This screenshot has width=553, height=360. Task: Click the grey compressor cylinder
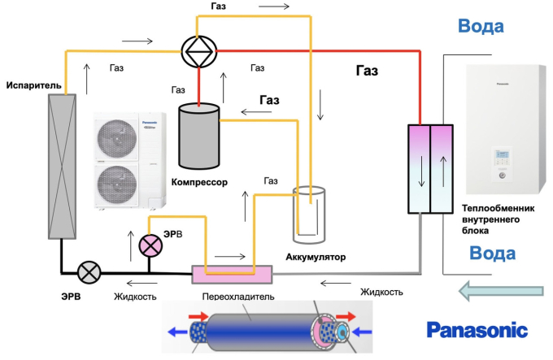point(199,135)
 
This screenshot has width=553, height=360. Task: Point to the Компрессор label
point(199,182)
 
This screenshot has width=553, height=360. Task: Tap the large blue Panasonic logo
point(477,330)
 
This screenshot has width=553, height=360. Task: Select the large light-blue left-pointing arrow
point(499,288)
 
